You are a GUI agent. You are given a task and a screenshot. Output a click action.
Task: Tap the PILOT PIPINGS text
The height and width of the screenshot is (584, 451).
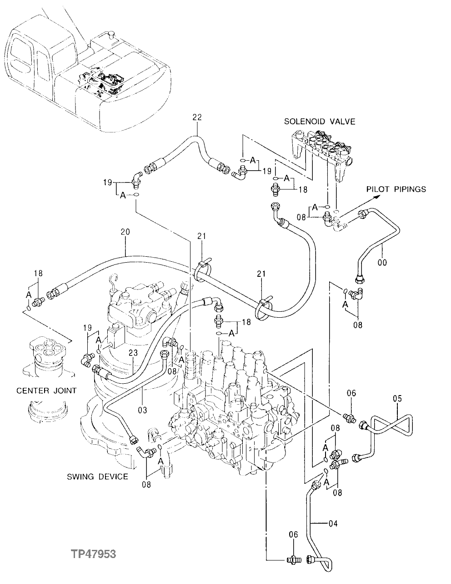[x=396, y=189]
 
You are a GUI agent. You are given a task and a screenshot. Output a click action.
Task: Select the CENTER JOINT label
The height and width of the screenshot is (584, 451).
[x=46, y=391]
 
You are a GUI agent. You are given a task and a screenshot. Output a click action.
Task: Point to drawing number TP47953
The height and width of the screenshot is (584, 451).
[x=93, y=554]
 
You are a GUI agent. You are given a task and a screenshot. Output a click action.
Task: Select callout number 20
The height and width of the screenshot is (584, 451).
[x=125, y=231]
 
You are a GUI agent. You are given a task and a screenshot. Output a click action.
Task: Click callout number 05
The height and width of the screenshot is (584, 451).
[x=397, y=399]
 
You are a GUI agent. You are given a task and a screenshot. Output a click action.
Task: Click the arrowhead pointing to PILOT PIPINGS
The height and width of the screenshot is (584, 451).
[x=377, y=196]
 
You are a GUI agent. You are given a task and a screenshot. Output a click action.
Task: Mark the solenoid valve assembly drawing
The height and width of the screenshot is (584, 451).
[x=321, y=150]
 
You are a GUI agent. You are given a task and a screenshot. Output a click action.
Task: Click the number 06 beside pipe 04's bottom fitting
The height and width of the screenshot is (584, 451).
[x=294, y=535]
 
